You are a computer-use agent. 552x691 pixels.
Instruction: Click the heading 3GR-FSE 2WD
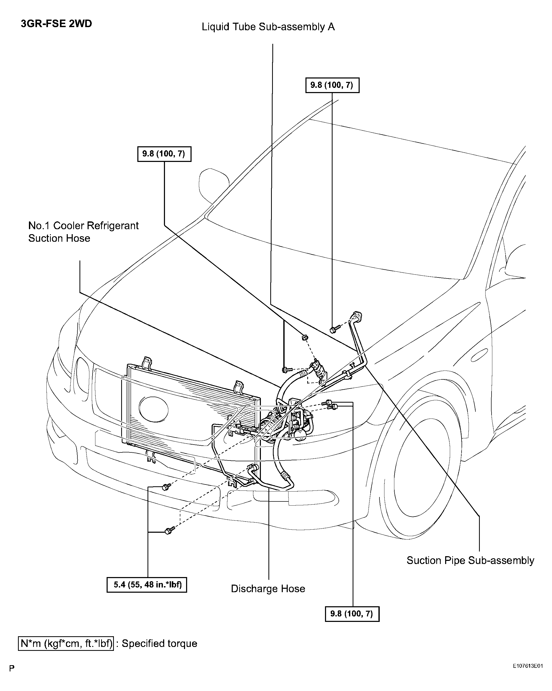coord(56,24)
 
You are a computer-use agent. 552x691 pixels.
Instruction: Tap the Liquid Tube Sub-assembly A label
coord(268,27)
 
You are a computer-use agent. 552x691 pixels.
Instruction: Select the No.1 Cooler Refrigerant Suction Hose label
coord(83,232)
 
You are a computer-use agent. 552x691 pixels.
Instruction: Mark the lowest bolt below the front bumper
coord(169,530)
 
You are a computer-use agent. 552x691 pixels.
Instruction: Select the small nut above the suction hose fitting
coord(305,337)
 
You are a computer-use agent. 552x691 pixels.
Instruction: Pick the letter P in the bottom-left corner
coord(12,668)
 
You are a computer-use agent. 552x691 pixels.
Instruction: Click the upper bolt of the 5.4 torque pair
coord(166,487)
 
